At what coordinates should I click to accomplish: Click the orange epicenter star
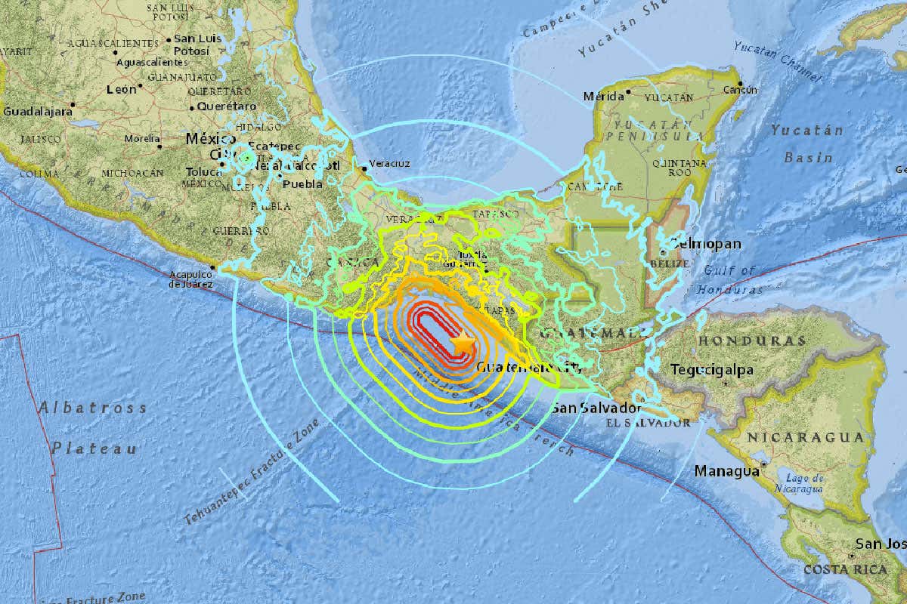(x=463, y=343)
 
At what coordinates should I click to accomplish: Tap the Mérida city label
(x=603, y=97)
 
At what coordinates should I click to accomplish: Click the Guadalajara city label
(x=37, y=111)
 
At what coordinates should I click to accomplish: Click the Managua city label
(x=726, y=471)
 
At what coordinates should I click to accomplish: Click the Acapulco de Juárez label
(x=190, y=279)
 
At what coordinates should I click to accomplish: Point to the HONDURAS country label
(x=751, y=341)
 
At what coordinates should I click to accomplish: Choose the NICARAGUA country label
(x=805, y=437)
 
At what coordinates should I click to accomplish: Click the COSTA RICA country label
(x=844, y=569)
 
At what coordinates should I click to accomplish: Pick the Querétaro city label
(x=226, y=106)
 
